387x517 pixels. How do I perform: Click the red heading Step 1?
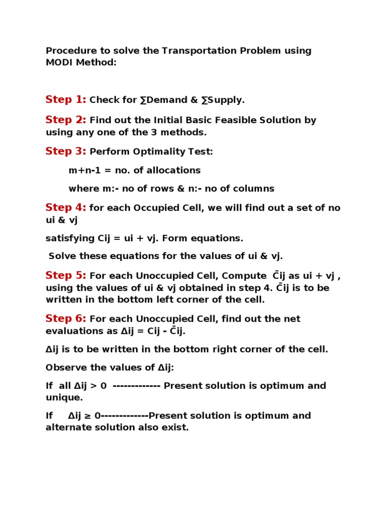(66, 99)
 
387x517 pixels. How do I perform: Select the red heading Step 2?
(66, 120)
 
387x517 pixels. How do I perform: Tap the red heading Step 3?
(66, 151)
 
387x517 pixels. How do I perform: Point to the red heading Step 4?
(66, 208)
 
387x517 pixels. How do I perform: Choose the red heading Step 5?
(66, 275)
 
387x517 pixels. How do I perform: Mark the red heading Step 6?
(66, 319)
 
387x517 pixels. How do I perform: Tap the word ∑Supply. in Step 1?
(223, 100)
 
